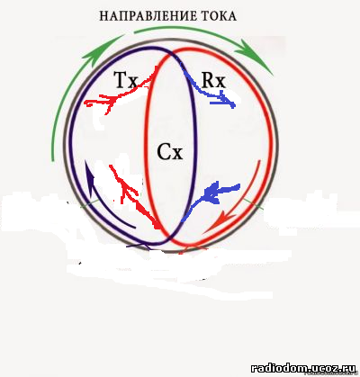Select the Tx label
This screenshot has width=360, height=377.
126,80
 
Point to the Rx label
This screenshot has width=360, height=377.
213,80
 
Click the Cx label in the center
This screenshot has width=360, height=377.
170,152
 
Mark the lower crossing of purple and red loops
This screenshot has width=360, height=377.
171,236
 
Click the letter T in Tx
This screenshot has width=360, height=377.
120,80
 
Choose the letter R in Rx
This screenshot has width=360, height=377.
208,80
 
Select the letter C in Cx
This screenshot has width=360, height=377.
164,152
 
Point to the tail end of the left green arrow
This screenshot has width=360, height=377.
53,159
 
